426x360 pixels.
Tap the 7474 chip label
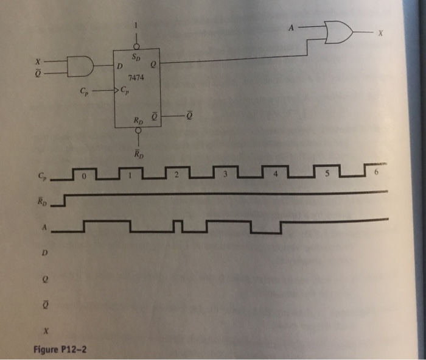click(x=134, y=77)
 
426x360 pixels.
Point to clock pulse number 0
click(x=85, y=175)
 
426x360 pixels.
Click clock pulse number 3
click(x=225, y=175)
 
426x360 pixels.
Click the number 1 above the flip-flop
click(x=137, y=26)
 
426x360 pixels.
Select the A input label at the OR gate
click(x=292, y=27)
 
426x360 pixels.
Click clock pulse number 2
click(x=176, y=175)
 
